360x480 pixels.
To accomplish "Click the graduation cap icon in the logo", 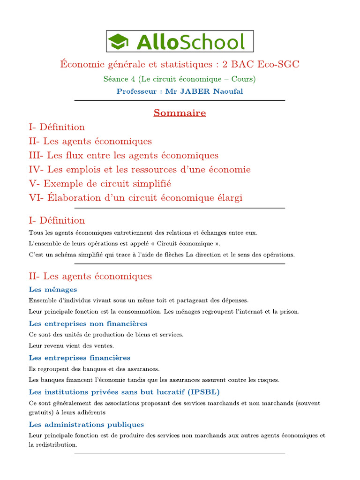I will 119,42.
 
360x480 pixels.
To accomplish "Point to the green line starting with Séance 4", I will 180,79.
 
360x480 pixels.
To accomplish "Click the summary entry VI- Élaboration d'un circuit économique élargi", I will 135,198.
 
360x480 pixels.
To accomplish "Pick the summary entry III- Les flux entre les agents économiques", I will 123,156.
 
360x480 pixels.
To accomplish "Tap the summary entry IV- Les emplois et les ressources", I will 139,170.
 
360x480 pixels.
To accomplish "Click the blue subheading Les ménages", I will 53,290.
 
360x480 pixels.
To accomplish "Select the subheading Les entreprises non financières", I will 88,324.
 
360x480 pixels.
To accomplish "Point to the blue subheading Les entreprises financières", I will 80,358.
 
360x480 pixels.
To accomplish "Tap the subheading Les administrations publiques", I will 86,425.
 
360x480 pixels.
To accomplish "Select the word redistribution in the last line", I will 56,445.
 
